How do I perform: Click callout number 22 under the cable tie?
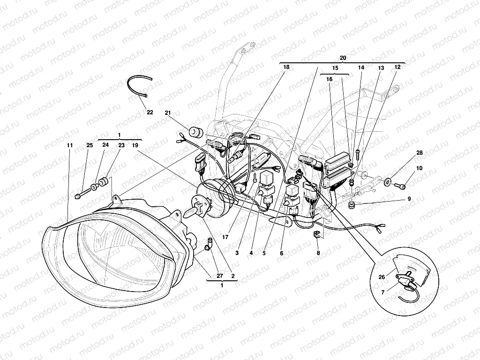click(150, 112)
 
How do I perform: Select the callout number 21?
click(168, 113)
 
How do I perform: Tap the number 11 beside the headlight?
click(69, 146)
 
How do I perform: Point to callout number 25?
click(90, 146)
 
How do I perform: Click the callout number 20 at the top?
click(343, 58)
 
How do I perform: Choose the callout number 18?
click(286, 67)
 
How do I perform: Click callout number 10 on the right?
click(419, 168)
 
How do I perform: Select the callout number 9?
click(409, 199)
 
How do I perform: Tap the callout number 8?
click(318, 253)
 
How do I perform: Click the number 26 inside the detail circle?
click(382, 277)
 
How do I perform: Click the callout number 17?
click(225, 238)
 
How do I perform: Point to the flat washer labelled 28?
click(389, 181)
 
